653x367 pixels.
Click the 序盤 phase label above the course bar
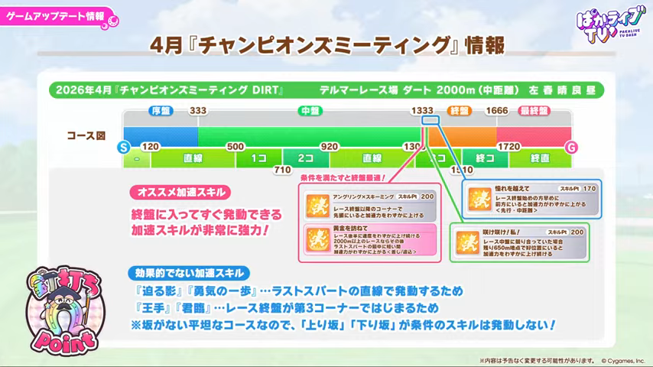coord(160,111)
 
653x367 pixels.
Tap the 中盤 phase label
coord(309,111)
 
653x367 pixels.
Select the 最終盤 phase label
coord(534,111)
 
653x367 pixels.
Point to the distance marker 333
coord(198,111)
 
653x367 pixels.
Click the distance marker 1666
coord(497,111)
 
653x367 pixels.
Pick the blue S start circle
coord(123,146)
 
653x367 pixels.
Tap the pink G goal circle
coord(570,146)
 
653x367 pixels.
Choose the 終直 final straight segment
coord(540,158)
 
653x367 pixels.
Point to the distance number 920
coord(329,146)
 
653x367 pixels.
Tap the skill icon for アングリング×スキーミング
coord(317,204)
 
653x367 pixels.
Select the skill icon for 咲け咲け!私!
coord(467,242)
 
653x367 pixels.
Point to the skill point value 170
coord(589,187)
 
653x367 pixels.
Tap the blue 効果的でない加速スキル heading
coord(188,273)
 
